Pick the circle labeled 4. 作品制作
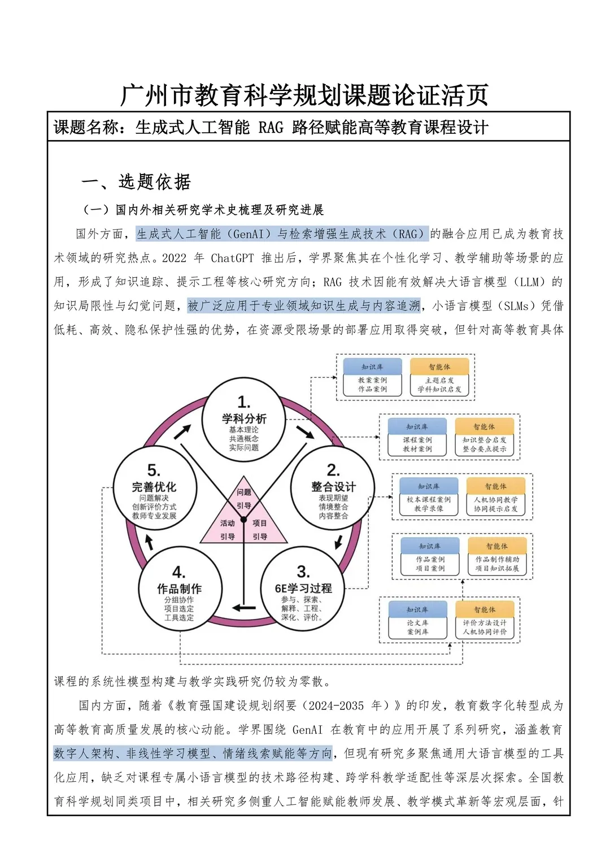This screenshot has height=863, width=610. point(179,590)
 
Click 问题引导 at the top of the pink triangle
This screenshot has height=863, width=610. point(244,498)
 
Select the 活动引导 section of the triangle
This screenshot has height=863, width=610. point(227,529)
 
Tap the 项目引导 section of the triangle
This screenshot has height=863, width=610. point(260,529)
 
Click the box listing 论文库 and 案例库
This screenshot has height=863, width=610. point(417,627)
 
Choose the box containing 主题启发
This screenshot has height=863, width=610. point(439,385)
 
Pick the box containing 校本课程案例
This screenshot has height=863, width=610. point(429,504)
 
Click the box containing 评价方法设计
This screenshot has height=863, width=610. point(485,627)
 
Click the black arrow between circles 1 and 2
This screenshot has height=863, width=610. point(305,431)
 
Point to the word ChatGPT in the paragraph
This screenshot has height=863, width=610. point(232,258)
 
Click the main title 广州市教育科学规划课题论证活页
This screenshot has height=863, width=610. point(304,95)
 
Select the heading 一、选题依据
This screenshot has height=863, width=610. point(136,182)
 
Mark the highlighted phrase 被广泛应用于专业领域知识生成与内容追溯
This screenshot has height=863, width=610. point(304,306)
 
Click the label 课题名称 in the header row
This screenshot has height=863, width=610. point(86,127)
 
